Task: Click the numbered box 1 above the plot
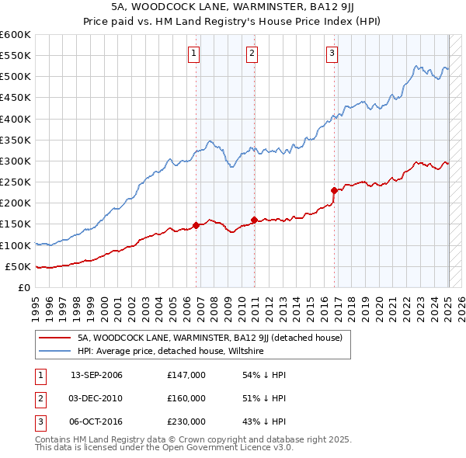tap(193, 53)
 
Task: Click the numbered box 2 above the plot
tap(252, 53)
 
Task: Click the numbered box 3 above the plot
tap(332, 53)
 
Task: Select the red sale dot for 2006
tap(196, 225)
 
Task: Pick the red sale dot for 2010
tap(254, 220)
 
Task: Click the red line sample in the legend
tap(55, 338)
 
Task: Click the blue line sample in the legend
tap(55, 351)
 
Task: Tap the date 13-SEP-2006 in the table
tap(96, 375)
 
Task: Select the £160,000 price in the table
tap(186, 398)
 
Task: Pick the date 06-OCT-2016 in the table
tap(96, 422)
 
